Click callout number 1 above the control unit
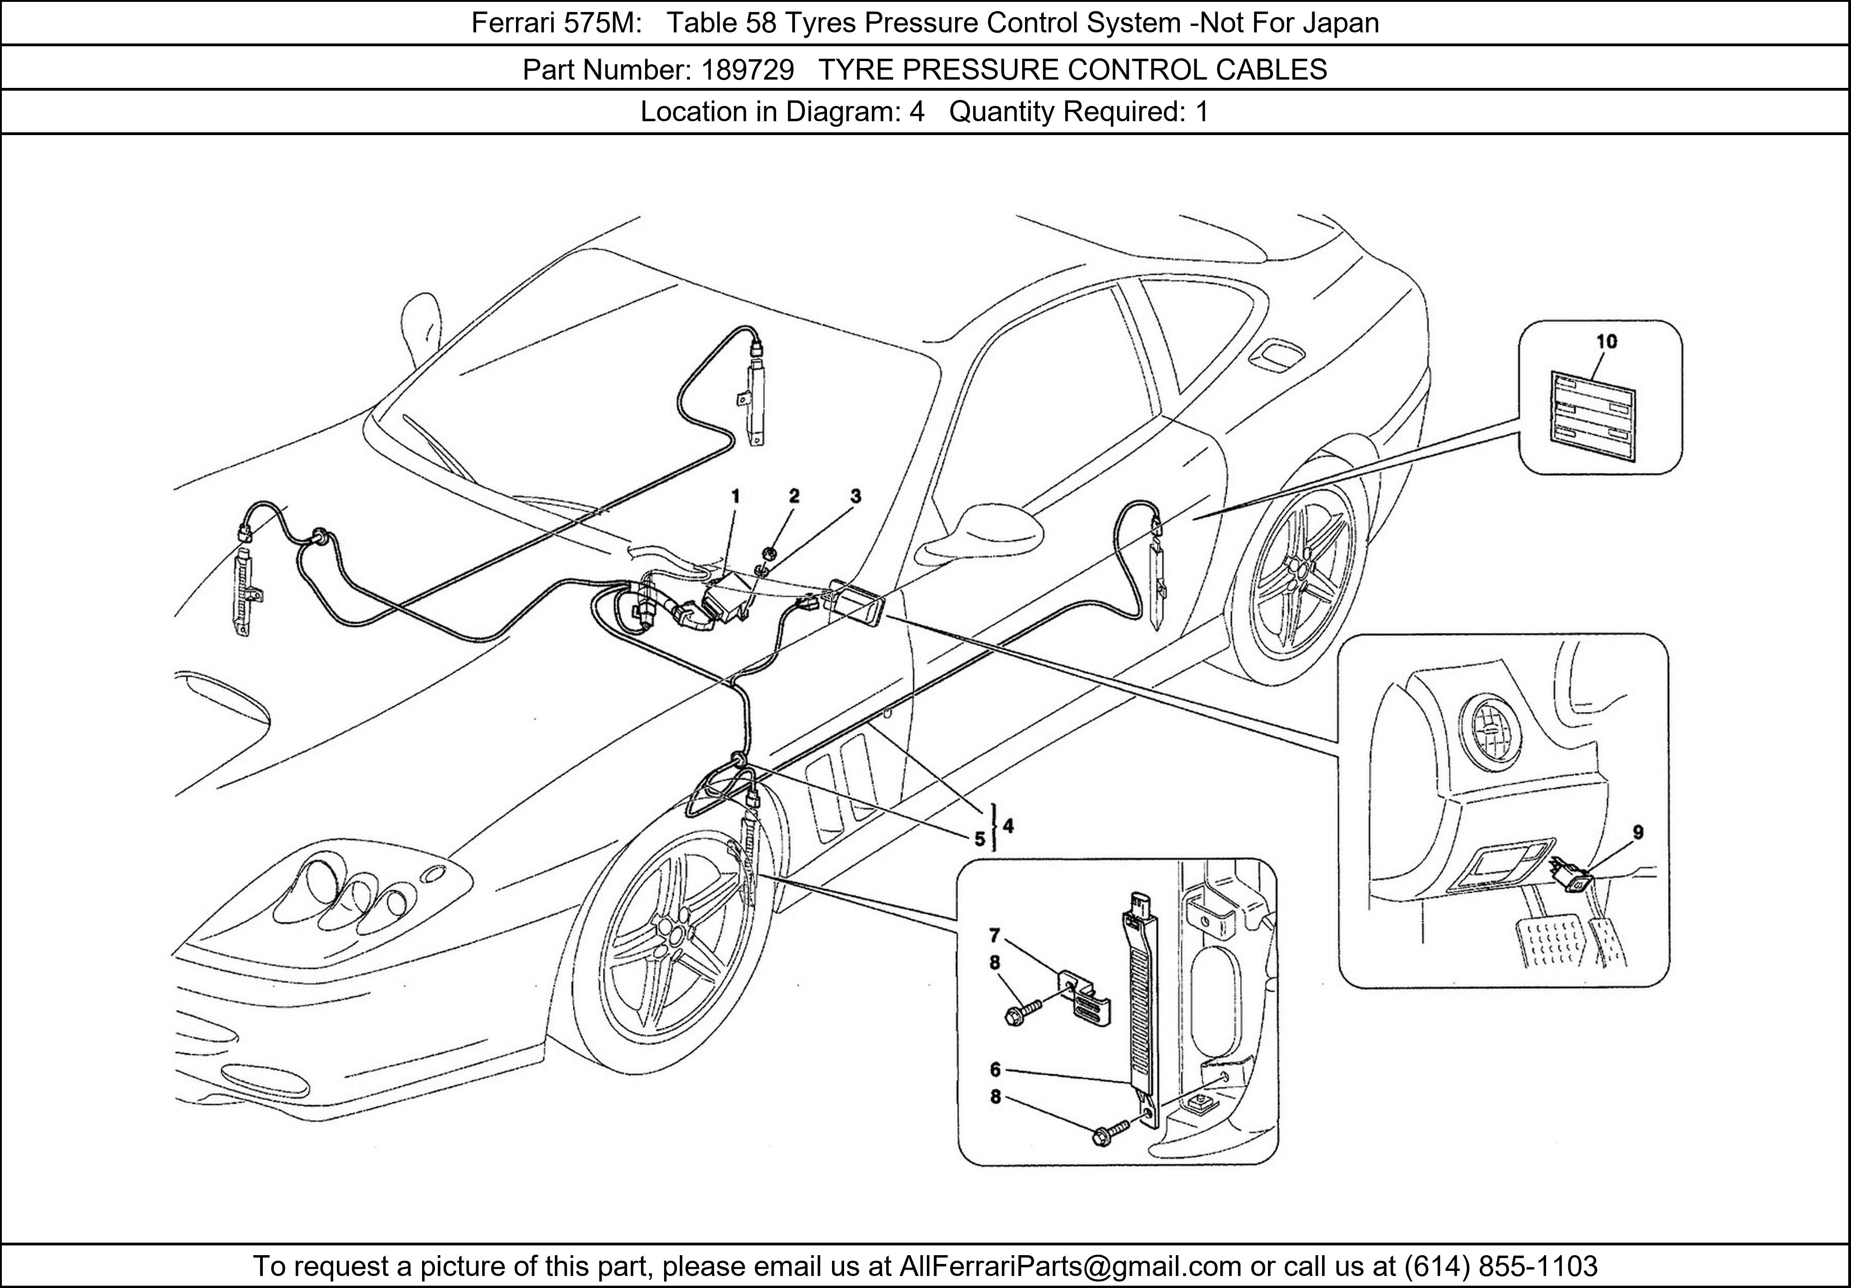pyautogui.click(x=735, y=496)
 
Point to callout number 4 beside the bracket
pyautogui.click(x=1008, y=825)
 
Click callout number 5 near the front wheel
pyautogui.click(x=980, y=839)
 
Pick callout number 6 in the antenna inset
pyautogui.click(x=996, y=1070)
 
